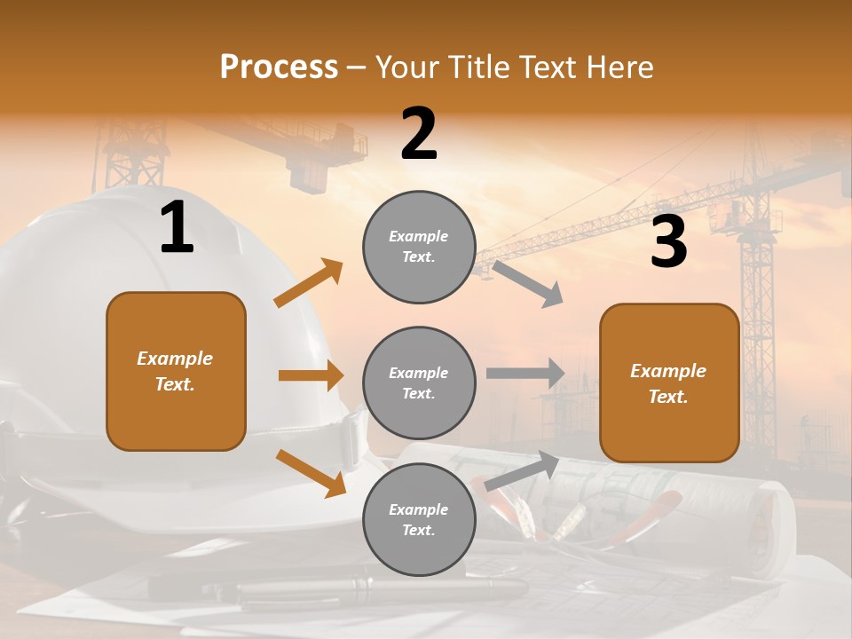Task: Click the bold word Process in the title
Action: pos(279,67)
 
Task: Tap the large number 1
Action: pos(177,228)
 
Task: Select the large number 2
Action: pos(419,134)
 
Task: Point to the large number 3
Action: pos(668,242)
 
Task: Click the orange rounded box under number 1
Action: pos(176,371)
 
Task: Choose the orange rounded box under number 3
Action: pos(669,383)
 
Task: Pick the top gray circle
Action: pos(419,247)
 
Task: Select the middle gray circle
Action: pos(419,383)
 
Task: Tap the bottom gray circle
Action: pos(419,519)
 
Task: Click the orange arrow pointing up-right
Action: pos(309,283)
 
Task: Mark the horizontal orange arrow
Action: pos(311,375)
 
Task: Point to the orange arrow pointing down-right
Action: pos(311,473)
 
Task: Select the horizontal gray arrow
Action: pos(525,373)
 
